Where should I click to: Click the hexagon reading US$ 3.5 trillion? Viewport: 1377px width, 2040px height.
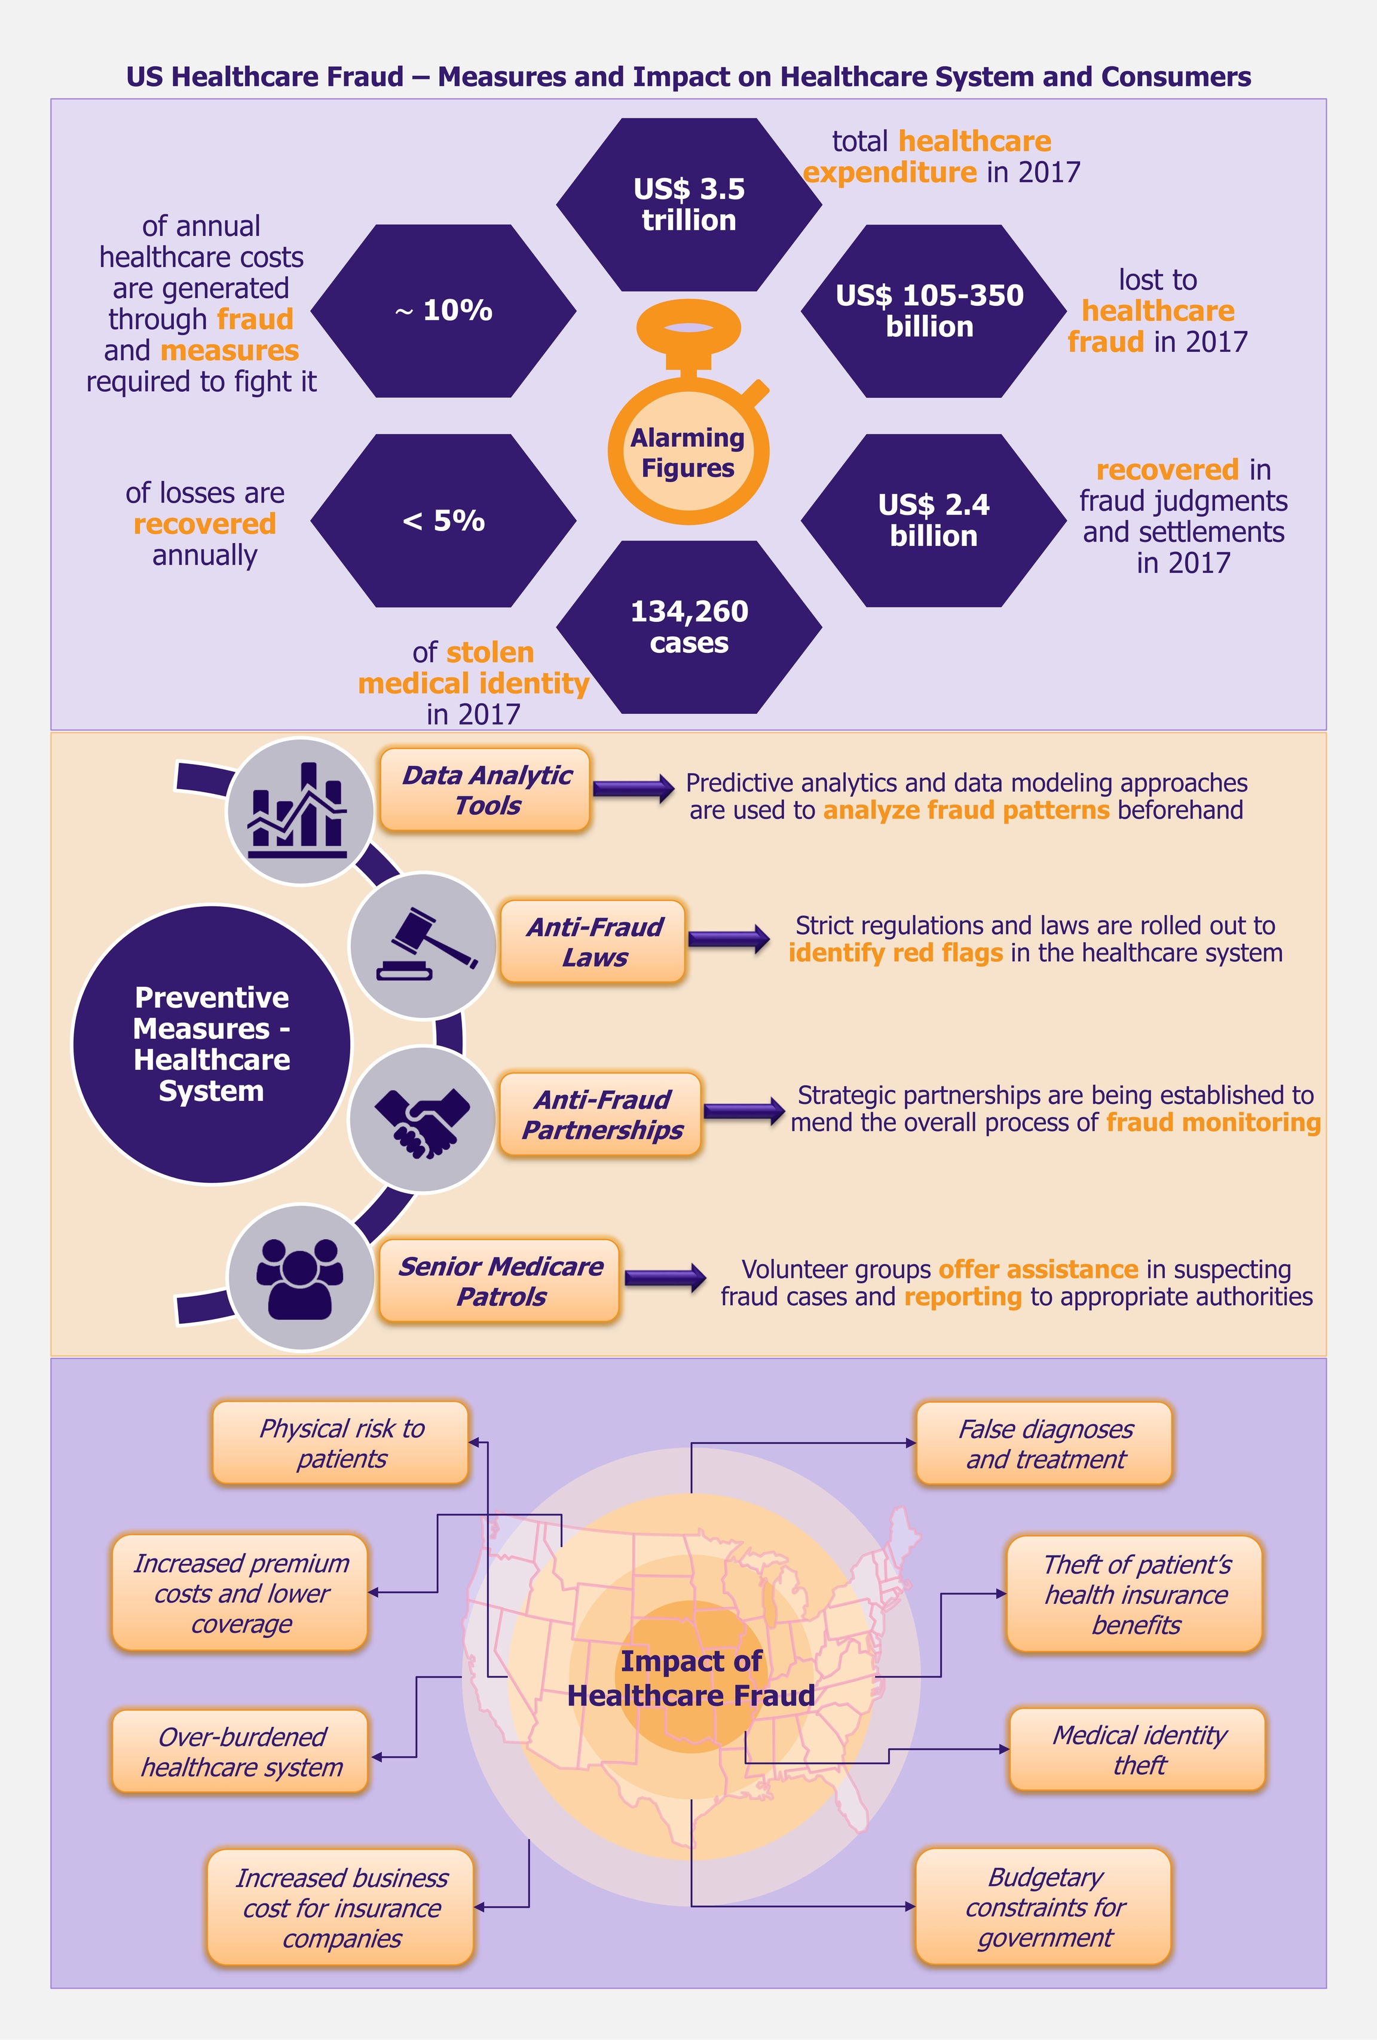(x=688, y=204)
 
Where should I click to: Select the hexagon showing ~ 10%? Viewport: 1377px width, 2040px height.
(x=443, y=311)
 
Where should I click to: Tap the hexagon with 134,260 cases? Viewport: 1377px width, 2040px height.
(x=688, y=627)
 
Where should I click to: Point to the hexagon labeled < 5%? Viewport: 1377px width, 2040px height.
(x=443, y=520)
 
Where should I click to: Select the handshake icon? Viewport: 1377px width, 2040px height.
(x=423, y=1119)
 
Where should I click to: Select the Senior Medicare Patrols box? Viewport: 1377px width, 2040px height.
(x=500, y=1281)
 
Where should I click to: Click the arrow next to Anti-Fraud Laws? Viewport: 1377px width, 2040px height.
(x=728, y=939)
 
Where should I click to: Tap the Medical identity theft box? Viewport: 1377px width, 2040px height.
(x=1138, y=1750)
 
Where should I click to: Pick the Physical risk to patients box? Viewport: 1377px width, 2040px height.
(x=341, y=1443)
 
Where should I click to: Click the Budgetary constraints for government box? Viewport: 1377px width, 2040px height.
(x=1044, y=1907)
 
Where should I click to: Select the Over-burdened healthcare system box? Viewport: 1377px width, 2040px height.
(x=241, y=1751)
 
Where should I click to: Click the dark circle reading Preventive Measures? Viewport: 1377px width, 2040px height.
(x=212, y=1044)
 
